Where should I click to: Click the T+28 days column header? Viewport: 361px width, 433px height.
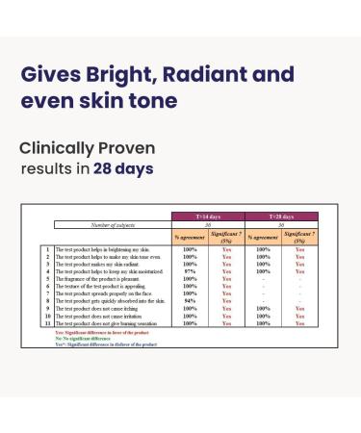(x=281, y=217)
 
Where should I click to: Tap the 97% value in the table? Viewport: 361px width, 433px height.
(x=190, y=271)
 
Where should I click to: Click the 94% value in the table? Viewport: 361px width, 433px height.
(x=190, y=300)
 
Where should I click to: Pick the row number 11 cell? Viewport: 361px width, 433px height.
(x=46, y=323)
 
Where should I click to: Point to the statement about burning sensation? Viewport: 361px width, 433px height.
(x=112, y=323)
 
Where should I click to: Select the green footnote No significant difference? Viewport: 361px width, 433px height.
(x=88, y=338)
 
